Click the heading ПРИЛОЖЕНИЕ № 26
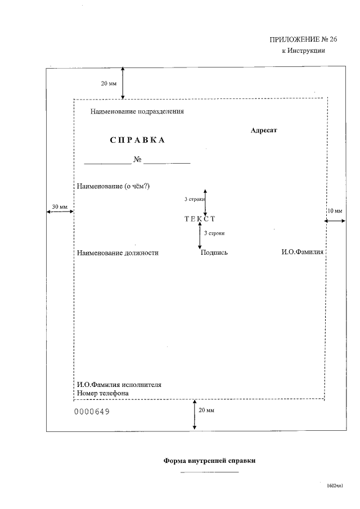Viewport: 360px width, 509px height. tap(298, 39)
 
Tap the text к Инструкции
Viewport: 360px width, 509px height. tap(304, 51)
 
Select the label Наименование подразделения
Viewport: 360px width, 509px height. tap(137, 111)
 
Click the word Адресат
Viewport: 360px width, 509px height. tap(264, 130)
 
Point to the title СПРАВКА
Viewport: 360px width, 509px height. tap(137, 141)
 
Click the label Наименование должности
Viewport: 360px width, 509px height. tap(118, 253)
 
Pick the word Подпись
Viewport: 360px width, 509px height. tap(214, 253)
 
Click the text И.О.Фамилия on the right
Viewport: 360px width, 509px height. tap(303, 253)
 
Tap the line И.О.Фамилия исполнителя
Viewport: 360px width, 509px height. tap(119, 385)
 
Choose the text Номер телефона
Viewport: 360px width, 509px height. tap(103, 393)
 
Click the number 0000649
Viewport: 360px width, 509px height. tap(92, 412)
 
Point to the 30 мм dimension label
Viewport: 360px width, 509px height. tap(60, 207)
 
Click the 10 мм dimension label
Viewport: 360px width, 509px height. tap(335, 211)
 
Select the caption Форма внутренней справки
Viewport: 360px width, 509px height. tap(209, 461)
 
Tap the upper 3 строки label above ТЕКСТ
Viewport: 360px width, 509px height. tap(194, 200)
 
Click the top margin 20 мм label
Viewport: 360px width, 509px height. tap(109, 83)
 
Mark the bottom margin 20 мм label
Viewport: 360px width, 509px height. tap(206, 410)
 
